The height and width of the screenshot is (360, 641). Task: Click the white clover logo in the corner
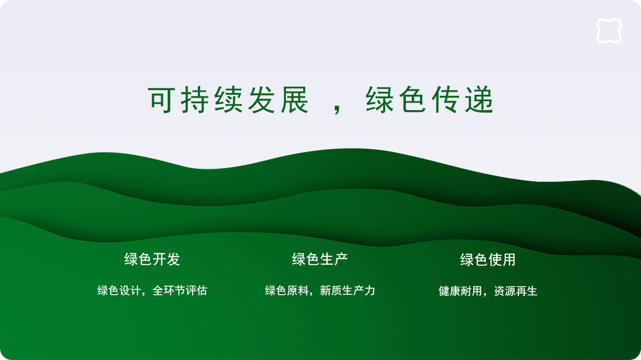609,31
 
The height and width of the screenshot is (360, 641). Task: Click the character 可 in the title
162,99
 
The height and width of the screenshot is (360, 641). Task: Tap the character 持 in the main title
195,99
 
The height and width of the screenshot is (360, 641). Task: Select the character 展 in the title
294,99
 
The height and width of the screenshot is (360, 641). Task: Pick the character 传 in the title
446,99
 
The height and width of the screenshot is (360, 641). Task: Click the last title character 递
479,99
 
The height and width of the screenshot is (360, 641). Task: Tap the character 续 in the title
228,99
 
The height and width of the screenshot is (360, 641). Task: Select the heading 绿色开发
152,259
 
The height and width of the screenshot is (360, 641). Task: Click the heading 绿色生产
320,259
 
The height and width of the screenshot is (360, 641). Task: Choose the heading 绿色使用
488,259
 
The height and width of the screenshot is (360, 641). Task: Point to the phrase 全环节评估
180,291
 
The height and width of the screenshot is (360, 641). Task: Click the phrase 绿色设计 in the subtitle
119,291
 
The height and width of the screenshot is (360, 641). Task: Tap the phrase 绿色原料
287,291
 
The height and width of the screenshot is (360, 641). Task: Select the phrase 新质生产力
348,291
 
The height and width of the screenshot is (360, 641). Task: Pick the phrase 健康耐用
460,291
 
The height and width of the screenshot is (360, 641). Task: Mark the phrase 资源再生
515,291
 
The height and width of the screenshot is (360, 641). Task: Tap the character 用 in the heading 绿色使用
509,259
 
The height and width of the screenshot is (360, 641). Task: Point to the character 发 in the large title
261,99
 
